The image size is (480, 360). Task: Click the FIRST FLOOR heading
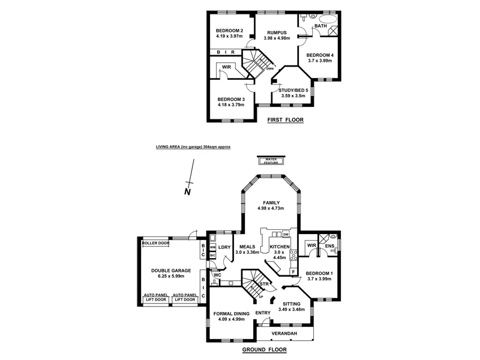point(286,120)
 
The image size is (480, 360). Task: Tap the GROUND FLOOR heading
point(264,349)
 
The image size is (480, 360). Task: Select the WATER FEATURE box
point(272,160)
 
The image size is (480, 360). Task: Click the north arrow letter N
point(187,192)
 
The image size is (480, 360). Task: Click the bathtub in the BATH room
point(328,26)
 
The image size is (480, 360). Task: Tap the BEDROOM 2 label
point(229,31)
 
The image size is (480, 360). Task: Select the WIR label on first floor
point(227,68)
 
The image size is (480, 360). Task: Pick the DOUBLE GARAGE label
point(170,271)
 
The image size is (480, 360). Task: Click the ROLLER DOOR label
point(155,244)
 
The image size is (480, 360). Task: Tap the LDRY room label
point(224,247)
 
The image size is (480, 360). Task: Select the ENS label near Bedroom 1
point(329,245)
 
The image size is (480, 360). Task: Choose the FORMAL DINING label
point(230,314)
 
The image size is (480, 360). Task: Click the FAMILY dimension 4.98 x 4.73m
point(270,208)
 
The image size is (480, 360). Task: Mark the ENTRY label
point(263,313)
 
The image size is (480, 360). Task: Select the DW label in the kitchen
point(293,234)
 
